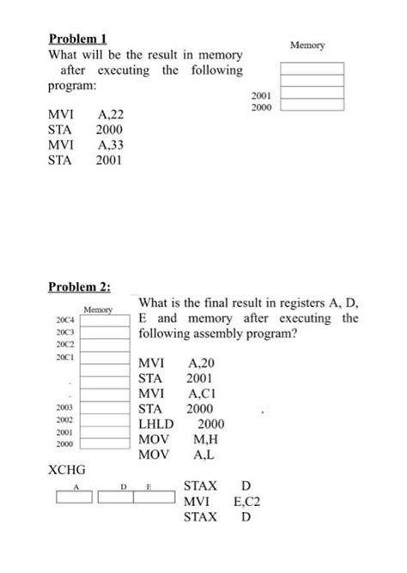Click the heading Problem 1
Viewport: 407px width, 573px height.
[80, 39]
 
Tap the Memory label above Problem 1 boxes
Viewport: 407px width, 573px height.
[307, 44]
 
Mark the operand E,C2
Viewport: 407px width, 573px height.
[245, 501]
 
